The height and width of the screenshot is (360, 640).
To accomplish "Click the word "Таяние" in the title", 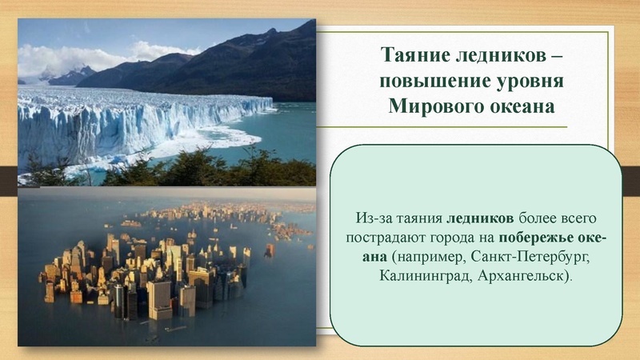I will (x=413, y=57).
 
